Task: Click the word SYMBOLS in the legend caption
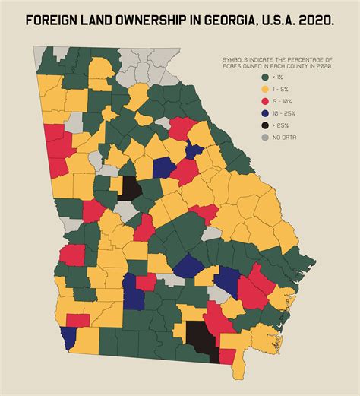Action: [x=236, y=59]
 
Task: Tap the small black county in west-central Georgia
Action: [x=128, y=188]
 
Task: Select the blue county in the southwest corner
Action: [x=69, y=337]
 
